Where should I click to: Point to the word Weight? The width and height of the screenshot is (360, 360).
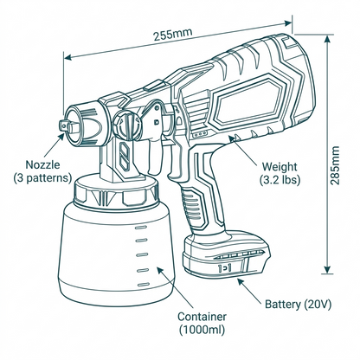click(280, 165)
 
